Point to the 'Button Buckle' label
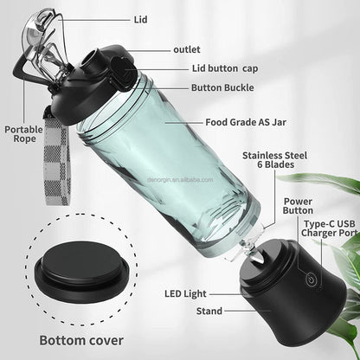[x=211, y=87]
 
